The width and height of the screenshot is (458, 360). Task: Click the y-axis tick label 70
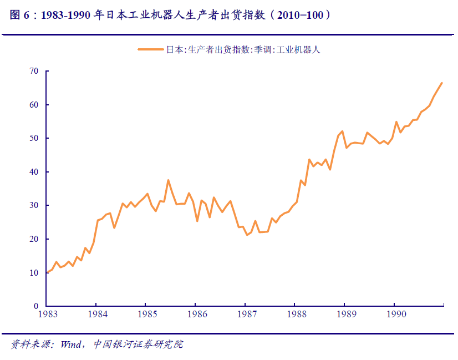click(x=34, y=71)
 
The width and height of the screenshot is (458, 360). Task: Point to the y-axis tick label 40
click(x=34, y=172)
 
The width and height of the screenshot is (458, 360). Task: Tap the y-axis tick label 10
click(x=34, y=273)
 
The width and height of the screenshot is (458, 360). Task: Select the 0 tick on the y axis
click(x=37, y=306)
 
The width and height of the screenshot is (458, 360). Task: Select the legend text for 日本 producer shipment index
click(x=243, y=50)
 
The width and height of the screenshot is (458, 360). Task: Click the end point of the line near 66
click(x=442, y=83)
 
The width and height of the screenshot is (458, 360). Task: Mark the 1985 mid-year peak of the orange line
click(x=168, y=180)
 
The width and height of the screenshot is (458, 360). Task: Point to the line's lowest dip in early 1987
click(x=247, y=235)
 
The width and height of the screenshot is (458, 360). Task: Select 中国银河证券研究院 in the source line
click(x=138, y=344)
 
